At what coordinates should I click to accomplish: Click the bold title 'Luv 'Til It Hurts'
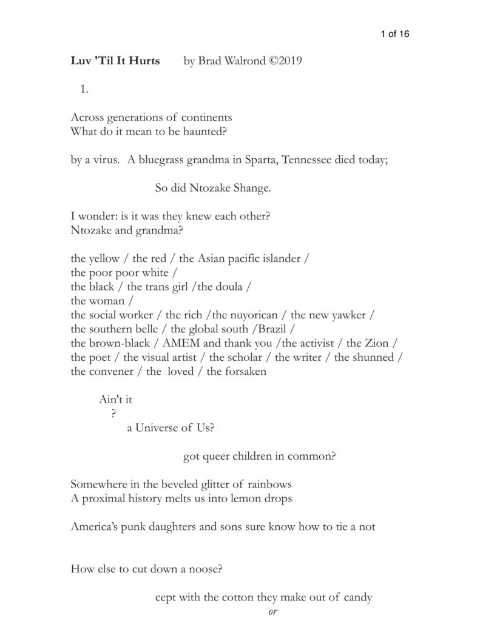click(x=115, y=61)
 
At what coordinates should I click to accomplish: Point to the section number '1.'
click(x=84, y=90)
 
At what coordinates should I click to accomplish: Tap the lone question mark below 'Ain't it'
click(x=113, y=414)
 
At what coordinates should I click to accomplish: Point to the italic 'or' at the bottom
click(x=272, y=611)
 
